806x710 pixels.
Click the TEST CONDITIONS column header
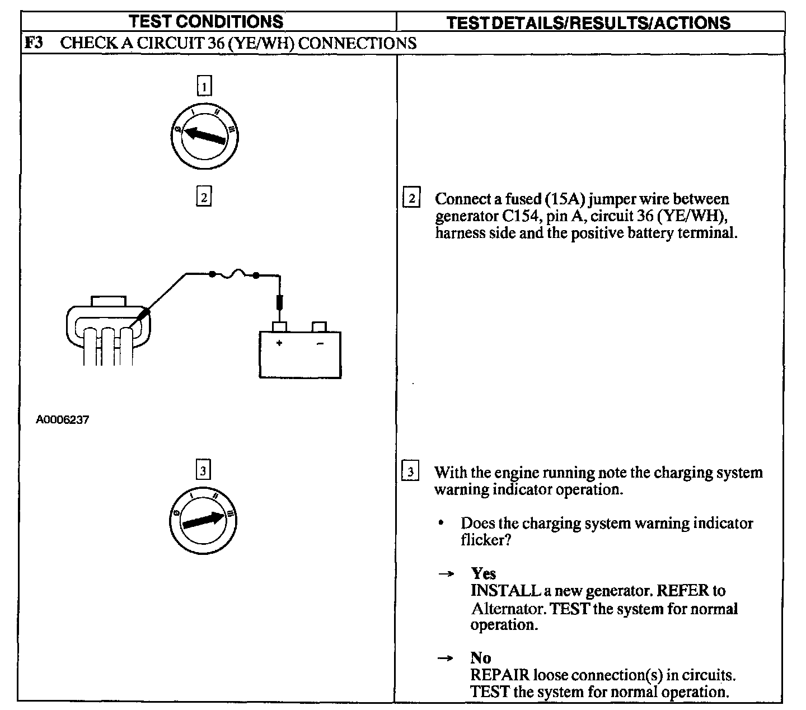coord(205,21)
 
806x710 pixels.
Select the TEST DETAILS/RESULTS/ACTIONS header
coord(588,23)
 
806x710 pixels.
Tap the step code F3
coord(34,43)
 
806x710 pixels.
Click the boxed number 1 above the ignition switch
coord(204,86)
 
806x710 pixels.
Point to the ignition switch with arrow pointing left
coord(204,137)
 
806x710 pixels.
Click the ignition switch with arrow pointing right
coord(203,521)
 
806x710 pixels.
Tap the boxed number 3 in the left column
coord(203,470)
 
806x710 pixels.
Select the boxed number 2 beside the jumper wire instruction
coord(411,197)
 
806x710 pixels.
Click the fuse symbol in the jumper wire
coord(235,274)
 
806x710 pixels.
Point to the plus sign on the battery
coord(279,343)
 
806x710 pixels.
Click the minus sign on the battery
coord(320,343)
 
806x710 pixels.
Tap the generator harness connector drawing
coord(108,330)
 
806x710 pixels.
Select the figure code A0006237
coord(63,419)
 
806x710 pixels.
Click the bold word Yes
coord(484,573)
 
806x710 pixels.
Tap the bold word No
coord(481,658)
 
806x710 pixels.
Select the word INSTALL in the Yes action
coord(505,591)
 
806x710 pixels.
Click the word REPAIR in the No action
coord(500,675)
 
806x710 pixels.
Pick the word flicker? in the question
coord(486,540)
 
